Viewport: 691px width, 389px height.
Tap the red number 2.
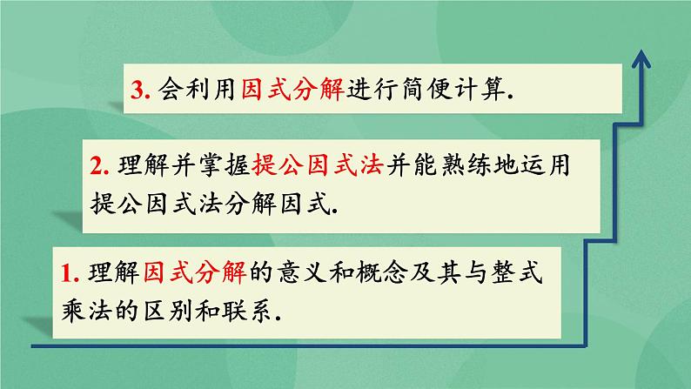[97, 164]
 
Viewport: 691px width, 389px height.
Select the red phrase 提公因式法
[317, 164]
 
